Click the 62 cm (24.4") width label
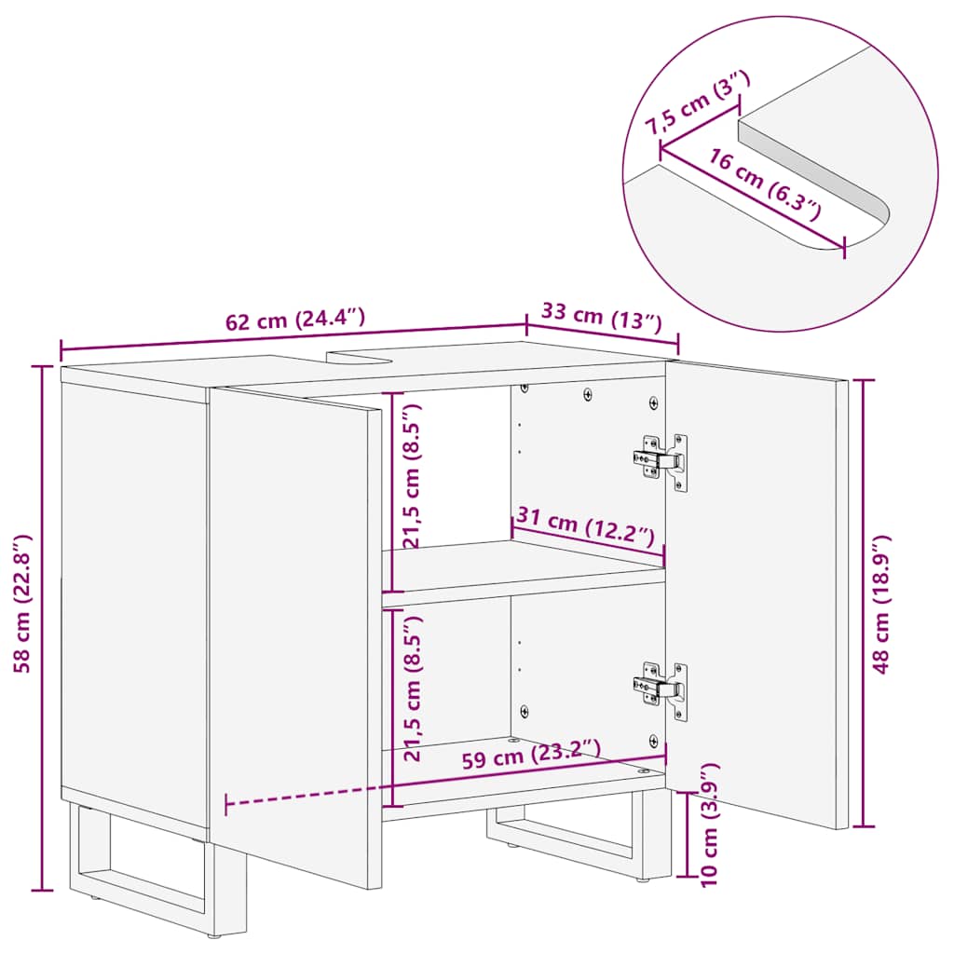(294, 320)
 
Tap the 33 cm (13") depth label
(601, 317)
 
